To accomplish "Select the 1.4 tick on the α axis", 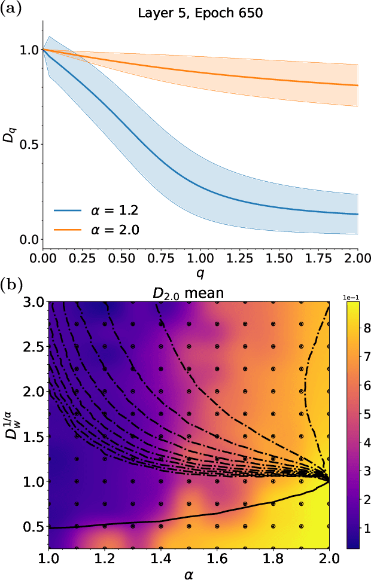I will pyautogui.click(x=160, y=558).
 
